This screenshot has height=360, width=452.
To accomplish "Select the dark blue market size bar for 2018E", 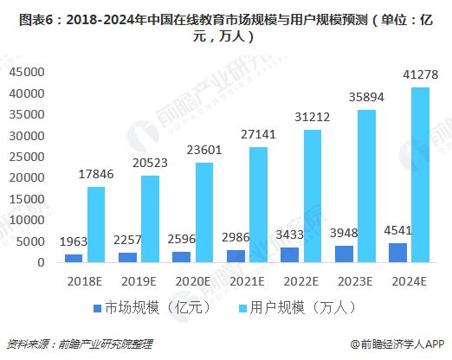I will (x=74, y=258).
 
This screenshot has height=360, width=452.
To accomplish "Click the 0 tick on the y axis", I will (x=41, y=261).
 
